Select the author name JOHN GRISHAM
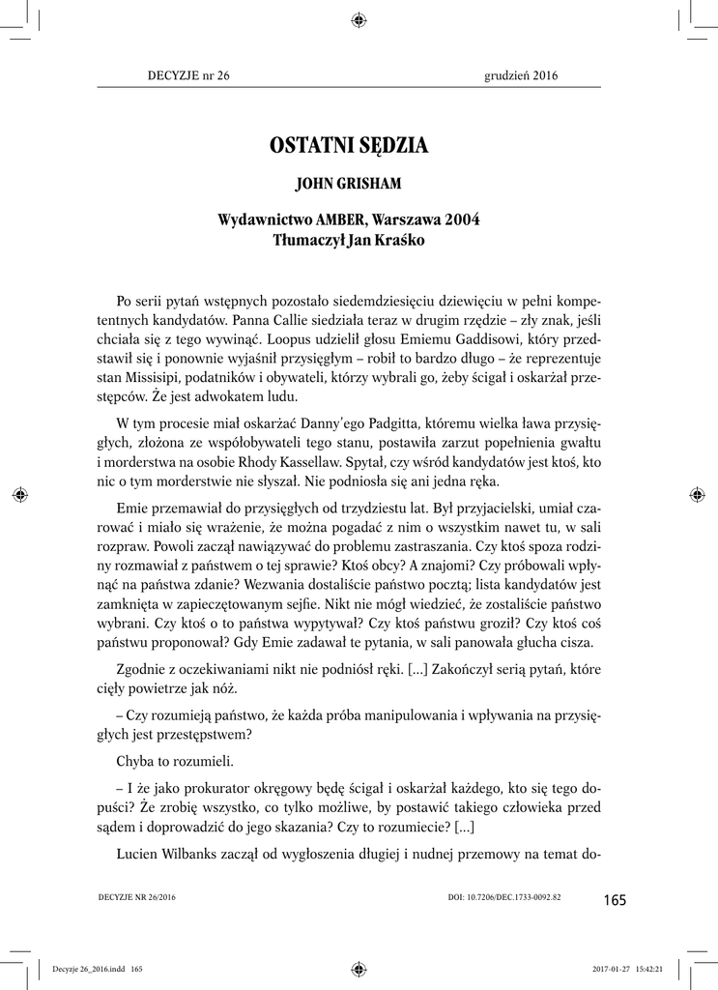[x=359, y=183]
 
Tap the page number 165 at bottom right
[x=614, y=900]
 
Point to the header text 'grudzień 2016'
[x=521, y=75]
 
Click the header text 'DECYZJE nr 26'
[x=188, y=75]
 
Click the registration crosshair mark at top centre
[x=359, y=17]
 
